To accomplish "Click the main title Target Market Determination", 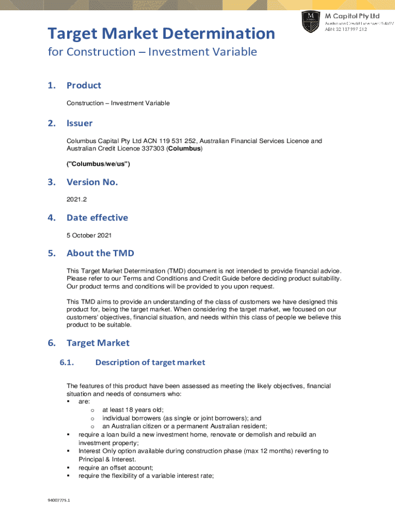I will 161,34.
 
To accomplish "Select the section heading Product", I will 84,86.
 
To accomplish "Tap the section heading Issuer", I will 80,123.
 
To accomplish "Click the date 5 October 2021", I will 89,235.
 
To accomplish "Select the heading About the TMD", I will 100,253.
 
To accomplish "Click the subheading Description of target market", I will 150,362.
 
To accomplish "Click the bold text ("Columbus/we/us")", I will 98,164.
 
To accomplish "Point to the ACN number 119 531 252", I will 178,141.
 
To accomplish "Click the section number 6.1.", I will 67,362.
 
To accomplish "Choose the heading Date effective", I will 97,218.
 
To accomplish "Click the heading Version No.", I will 92,182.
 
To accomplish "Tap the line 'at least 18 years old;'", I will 132,410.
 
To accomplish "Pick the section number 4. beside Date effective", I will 51,218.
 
